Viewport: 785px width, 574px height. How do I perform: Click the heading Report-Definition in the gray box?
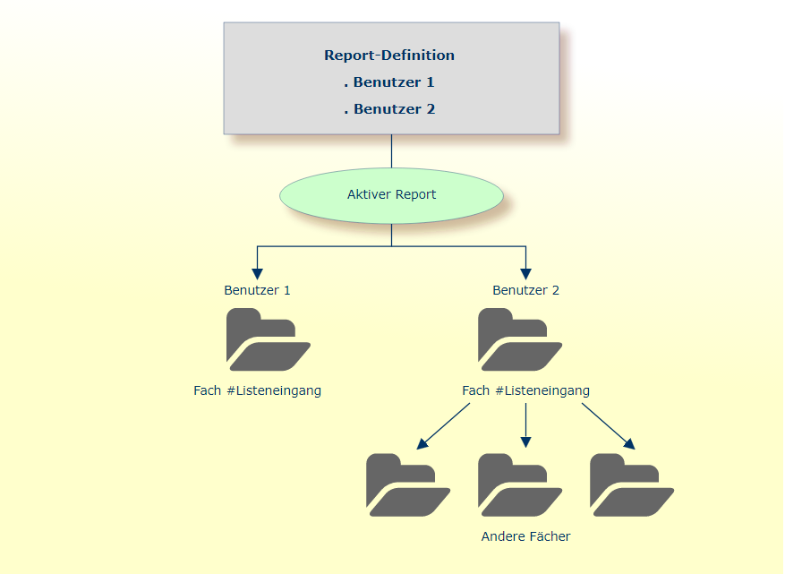389,56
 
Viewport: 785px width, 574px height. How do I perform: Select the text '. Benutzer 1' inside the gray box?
389,82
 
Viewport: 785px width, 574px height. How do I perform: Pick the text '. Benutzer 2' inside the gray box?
389,109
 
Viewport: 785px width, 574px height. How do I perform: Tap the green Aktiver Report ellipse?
391,194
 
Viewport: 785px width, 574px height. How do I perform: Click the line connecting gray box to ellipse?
391,151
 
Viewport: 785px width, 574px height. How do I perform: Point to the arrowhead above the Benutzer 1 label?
258,273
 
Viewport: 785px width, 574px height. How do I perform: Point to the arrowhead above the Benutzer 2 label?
525,273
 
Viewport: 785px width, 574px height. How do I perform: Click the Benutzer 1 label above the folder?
257,290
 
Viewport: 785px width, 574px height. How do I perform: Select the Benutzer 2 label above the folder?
525,290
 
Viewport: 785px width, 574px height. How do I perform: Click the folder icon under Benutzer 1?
268,340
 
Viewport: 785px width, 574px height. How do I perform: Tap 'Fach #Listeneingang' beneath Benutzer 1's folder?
257,390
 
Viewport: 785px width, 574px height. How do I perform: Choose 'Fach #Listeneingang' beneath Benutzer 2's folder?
525,390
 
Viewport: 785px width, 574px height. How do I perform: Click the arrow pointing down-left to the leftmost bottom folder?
444,425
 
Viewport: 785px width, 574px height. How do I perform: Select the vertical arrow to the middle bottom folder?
525,425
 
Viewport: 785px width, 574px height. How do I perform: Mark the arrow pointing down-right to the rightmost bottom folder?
609,425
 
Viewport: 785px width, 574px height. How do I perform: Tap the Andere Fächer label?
525,536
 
